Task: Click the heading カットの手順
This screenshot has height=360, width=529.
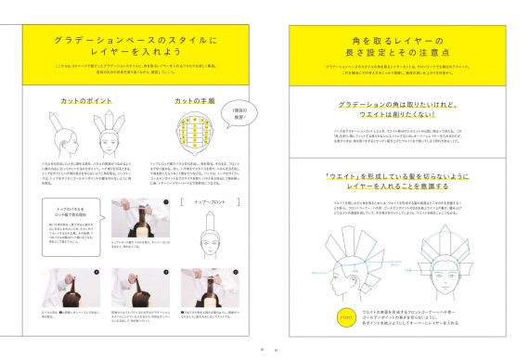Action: [195, 100]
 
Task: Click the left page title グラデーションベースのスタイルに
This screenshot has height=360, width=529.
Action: [135, 42]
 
